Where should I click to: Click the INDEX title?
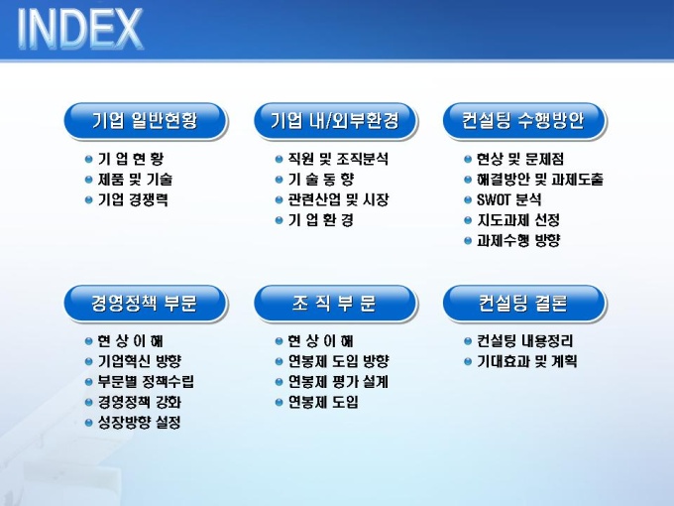(x=80, y=29)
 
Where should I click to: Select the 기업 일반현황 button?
(x=146, y=121)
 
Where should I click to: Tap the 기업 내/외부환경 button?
(x=335, y=121)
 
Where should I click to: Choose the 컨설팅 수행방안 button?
(x=523, y=121)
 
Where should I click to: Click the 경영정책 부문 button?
(x=146, y=304)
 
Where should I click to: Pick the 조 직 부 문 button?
(x=335, y=304)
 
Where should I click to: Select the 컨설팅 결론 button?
(x=523, y=304)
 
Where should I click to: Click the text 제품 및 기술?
(x=135, y=179)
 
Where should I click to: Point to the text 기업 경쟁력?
(x=133, y=199)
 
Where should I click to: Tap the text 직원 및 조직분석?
(x=338, y=159)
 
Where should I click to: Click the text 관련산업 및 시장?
(x=338, y=199)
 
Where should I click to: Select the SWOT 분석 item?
(x=508, y=199)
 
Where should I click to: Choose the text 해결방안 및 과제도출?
(x=540, y=179)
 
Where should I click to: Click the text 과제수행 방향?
(x=518, y=240)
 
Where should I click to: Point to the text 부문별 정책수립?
(x=146, y=382)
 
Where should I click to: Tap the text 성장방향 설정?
(x=140, y=423)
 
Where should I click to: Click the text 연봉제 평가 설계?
(x=338, y=382)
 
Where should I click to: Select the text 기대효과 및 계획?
(x=526, y=361)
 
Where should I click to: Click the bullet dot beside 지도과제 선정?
(x=468, y=220)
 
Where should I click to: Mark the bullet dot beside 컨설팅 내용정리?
(x=468, y=341)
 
